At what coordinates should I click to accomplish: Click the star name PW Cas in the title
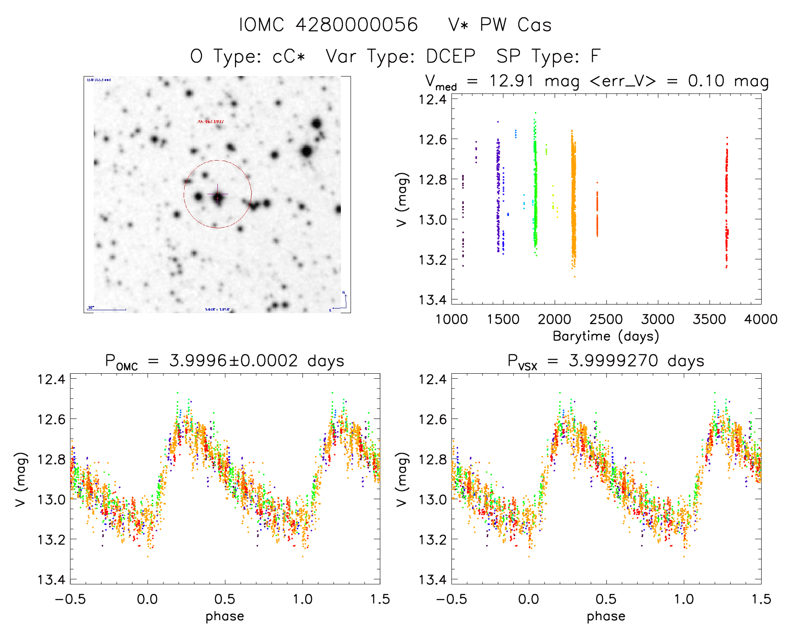pos(515,25)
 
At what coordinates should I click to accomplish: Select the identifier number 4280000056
pos(356,25)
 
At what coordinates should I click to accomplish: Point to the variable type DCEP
pos(451,56)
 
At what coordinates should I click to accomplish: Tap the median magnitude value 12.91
pos(512,81)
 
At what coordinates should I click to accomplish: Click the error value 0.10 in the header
pos(706,81)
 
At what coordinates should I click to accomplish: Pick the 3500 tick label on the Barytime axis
pos(709,319)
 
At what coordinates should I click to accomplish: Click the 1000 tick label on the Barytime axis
pos(451,319)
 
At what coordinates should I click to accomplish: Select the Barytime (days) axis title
pos(606,336)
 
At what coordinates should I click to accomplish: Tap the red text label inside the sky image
pos(211,121)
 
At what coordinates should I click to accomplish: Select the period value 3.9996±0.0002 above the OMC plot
pos(233,361)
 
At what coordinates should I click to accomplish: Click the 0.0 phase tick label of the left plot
pos(148,599)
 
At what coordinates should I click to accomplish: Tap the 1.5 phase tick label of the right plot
pos(761,599)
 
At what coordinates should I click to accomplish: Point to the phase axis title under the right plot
pos(606,616)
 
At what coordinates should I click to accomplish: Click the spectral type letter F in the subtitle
pos(595,56)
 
